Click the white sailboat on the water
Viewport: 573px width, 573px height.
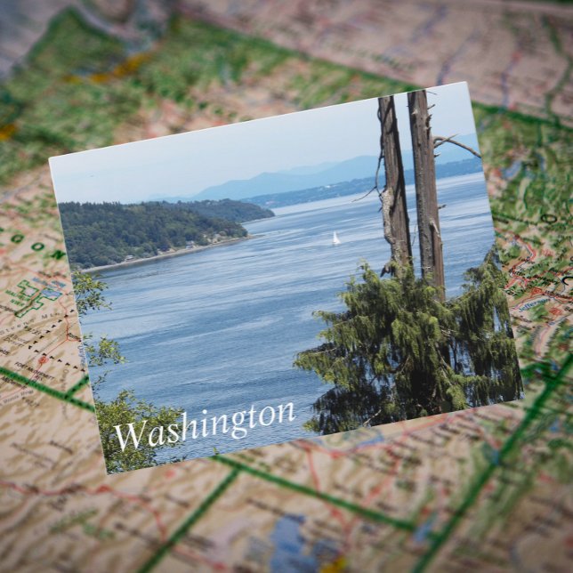click(x=335, y=238)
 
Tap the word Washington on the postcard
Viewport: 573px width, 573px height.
click(x=204, y=424)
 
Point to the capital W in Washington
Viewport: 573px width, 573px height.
click(x=130, y=435)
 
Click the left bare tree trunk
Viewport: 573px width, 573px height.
click(x=394, y=182)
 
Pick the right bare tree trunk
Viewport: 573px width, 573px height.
click(x=426, y=187)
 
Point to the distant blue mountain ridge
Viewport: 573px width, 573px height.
click(x=294, y=178)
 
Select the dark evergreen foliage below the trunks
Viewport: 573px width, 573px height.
click(x=409, y=347)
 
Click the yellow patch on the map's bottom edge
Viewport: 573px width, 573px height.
click(x=335, y=566)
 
